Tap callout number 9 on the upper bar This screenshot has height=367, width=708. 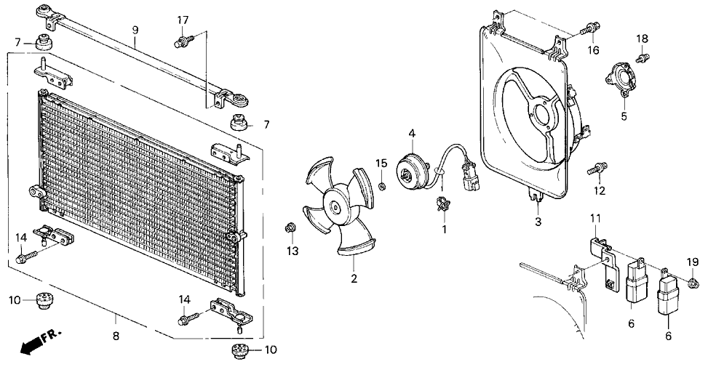pyautogui.click(x=135, y=30)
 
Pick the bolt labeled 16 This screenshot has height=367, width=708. pyautogui.click(x=590, y=31)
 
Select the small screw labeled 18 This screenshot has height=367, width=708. pyautogui.click(x=642, y=57)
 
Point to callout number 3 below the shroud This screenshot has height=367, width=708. pyautogui.click(x=538, y=222)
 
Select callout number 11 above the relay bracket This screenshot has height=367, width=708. pyautogui.click(x=594, y=218)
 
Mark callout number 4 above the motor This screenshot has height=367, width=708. pyautogui.click(x=411, y=134)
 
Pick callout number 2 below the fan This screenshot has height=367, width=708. pyautogui.click(x=354, y=278)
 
